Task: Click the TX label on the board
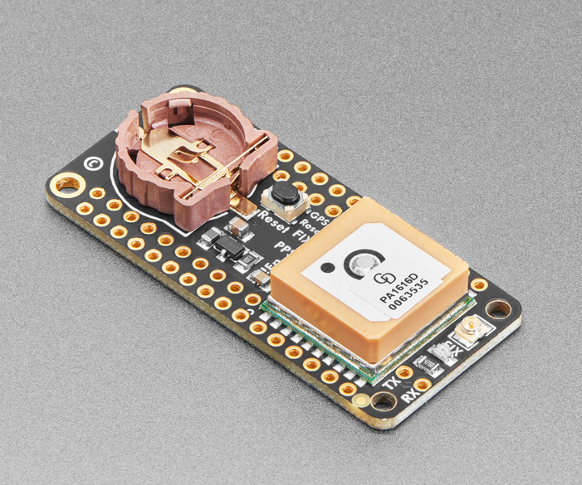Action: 395,383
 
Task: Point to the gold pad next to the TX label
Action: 404,371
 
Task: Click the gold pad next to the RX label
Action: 423,385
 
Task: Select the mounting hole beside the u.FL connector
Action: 498,310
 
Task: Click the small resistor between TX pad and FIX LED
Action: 432,361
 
